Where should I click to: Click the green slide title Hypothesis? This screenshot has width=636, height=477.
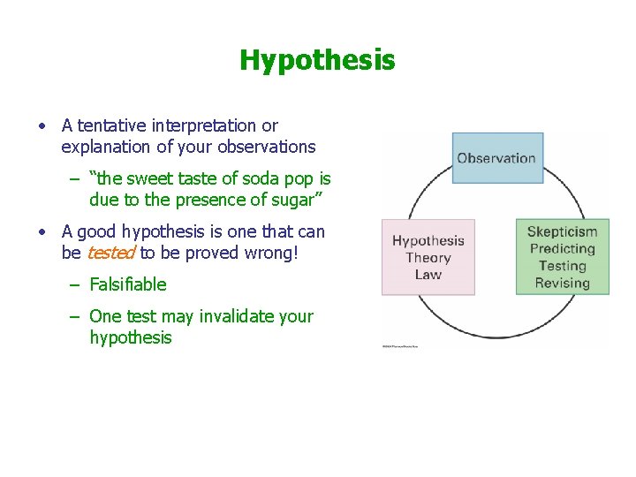(x=317, y=60)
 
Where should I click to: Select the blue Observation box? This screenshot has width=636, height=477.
(x=496, y=159)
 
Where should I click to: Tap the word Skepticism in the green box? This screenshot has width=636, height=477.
(x=562, y=232)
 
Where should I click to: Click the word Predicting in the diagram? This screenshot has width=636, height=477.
(x=562, y=249)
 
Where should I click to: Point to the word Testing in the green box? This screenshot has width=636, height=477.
(x=562, y=266)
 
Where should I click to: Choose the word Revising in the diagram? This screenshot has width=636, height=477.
(x=562, y=284)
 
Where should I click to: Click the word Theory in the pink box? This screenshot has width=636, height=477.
(x=428, y=258)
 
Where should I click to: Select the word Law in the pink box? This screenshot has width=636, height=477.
(x=428, y=275)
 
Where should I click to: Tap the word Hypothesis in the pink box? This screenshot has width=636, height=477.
(x=428, y=240)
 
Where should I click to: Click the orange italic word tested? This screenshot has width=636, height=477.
(x=110, y=253)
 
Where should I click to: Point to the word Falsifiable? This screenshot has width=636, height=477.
(x=127, y=284)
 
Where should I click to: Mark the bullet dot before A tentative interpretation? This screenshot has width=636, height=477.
(x=42, y=126)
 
